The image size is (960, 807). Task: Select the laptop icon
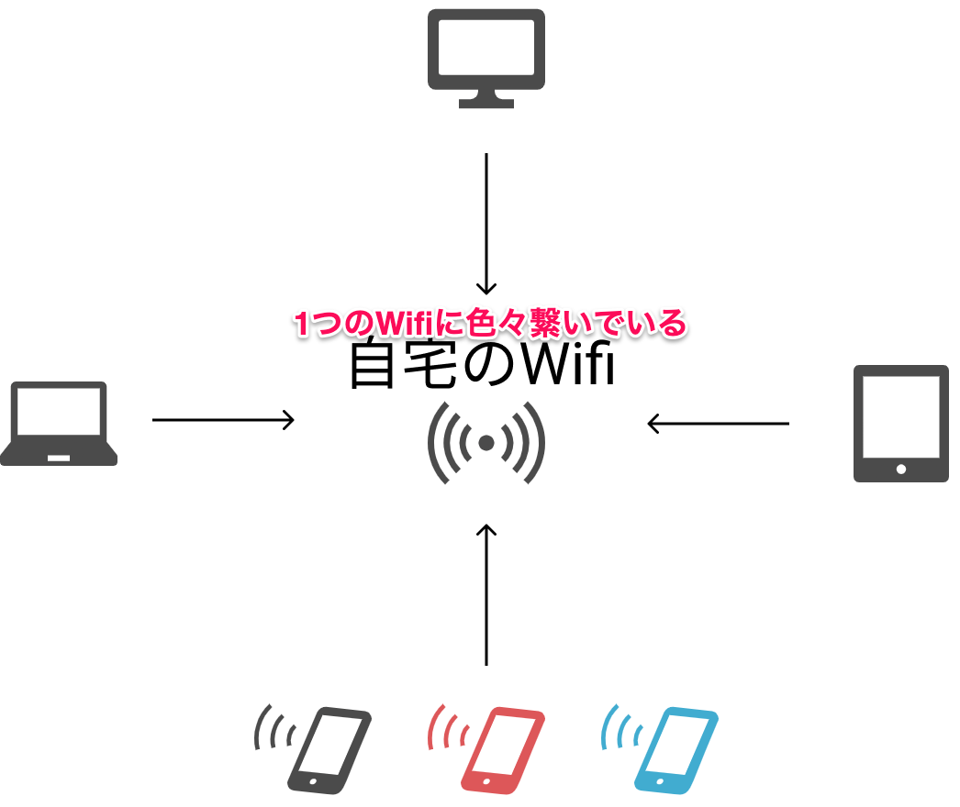click(58, 423)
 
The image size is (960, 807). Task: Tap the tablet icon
click(900, 423)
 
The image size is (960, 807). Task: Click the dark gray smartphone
click(329, 750)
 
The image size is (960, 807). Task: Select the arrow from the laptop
click(223, 420)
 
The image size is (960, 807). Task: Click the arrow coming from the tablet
click(718, 423)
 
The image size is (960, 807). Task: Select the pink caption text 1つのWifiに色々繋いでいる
click(489, 324)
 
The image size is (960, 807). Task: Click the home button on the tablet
click(900, 469)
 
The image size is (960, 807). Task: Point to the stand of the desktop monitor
click(486, 99)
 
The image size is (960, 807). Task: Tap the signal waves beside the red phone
click(447, 728)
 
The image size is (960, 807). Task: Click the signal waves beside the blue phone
click(620, 728)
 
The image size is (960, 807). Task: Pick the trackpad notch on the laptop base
click(59, 456)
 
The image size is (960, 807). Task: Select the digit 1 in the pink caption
click(301, 324)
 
